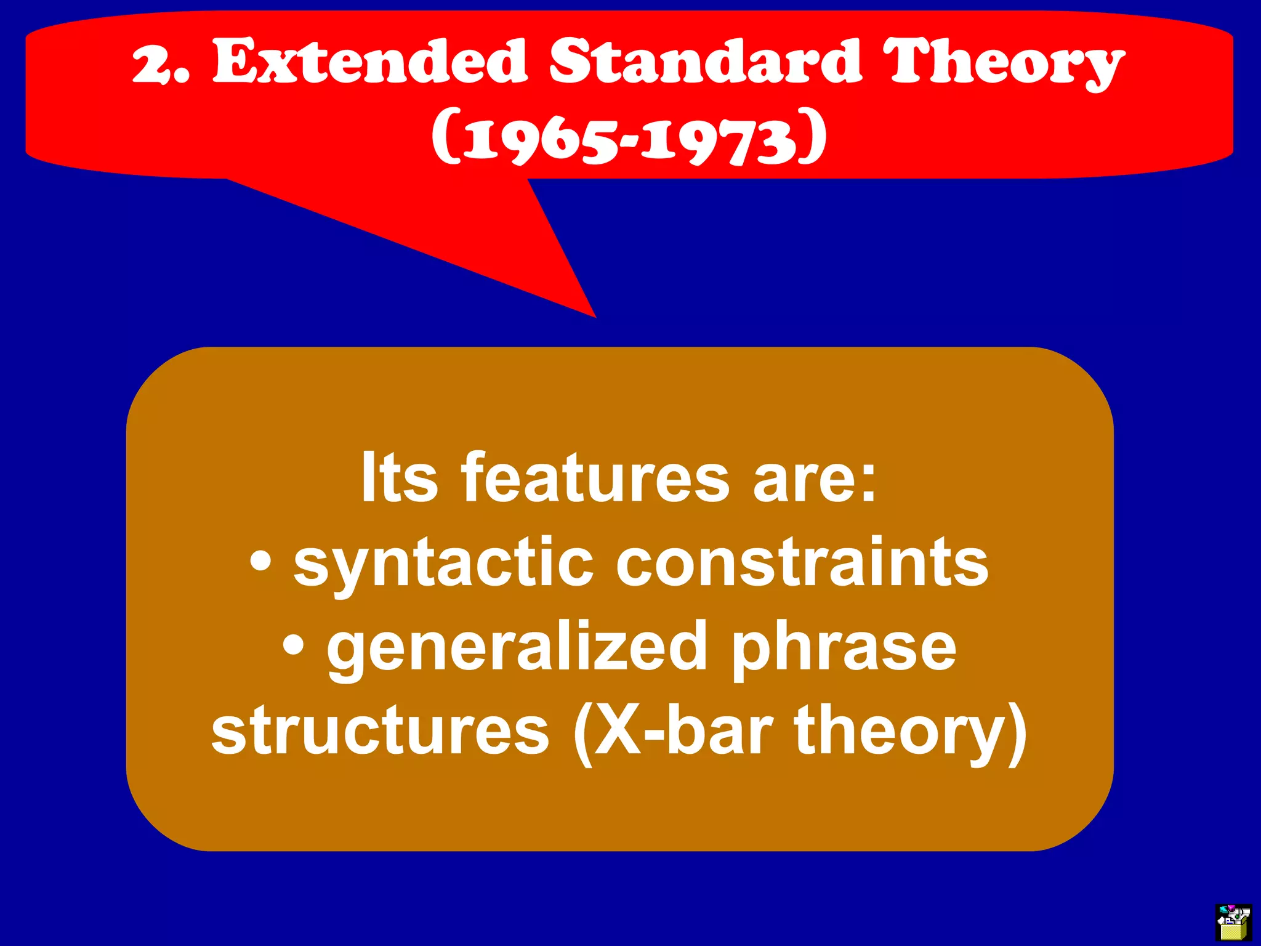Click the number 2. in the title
point(161,62)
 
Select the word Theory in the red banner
point(1004,63)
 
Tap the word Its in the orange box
point(399,478)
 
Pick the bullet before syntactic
point(261,562)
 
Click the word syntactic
point(443,564)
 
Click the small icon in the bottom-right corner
point(1233,921)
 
